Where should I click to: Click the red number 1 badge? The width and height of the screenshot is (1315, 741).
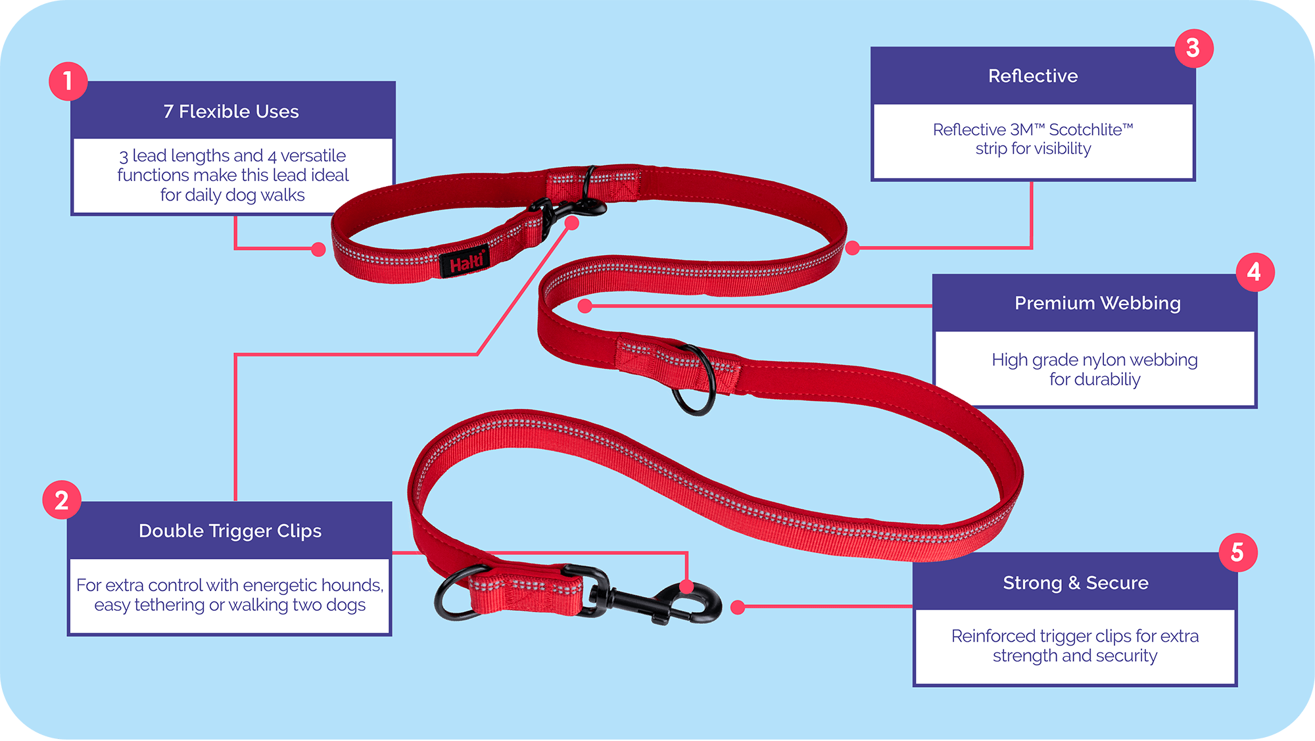(x=68, y=82)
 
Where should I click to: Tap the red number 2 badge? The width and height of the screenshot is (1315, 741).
(x=62, y=500)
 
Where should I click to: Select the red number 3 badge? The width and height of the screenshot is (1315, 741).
(x=1193, y=48)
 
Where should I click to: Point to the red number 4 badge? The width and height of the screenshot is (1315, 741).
(x=1255, y=272)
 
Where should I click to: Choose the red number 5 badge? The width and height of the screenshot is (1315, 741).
(x=1237, y=552)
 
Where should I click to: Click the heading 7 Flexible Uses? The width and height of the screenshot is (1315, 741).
(x=231, y=112)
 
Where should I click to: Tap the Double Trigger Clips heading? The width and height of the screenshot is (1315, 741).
(x=230, y=531)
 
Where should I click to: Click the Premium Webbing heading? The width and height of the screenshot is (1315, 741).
(x=1097, y=303)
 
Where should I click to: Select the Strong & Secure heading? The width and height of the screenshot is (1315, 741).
(x=1075, y=583)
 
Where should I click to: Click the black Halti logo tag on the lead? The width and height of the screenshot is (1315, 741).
(x=466, y=262)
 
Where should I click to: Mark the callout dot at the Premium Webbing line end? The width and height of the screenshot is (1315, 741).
(x=585, y=306)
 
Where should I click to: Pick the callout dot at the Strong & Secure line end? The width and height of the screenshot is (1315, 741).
(x=738, y=607)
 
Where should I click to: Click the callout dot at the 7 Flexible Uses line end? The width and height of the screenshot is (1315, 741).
(x=318, y=249)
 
